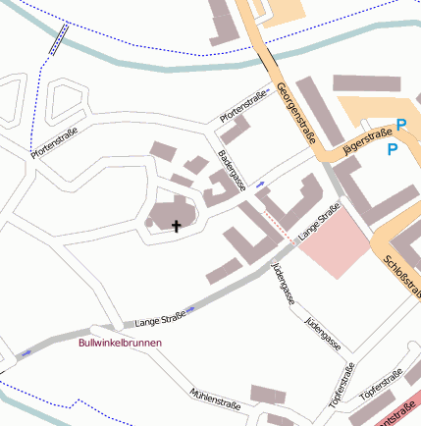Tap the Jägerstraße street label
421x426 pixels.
(365, 143)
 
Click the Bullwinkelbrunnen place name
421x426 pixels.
(120, 343)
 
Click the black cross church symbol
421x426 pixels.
(177, 227)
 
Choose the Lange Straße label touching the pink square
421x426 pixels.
(319, 223)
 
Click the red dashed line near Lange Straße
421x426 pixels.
(278, 233)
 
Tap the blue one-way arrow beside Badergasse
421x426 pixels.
(260, 184)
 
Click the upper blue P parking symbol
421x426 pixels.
(400, 126)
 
